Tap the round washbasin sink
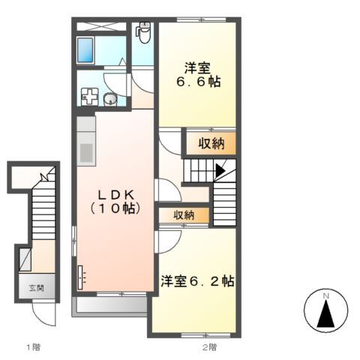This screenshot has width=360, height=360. coord(110,97)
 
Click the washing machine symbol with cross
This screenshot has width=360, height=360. coord(90,96)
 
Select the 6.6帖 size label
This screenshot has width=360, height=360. coord(197,81)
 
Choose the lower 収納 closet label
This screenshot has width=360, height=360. coord(184,215)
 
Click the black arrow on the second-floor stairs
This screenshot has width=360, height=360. coord(220,170)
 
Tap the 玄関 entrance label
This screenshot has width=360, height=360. coord(37,288)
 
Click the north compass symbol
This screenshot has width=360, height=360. coord(326,313)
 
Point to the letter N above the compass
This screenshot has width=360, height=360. coord(326,295)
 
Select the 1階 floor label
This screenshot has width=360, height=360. coord(33,346)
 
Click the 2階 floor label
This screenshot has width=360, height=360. coord(208,346)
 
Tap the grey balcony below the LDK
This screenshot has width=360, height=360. coord(109,304)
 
